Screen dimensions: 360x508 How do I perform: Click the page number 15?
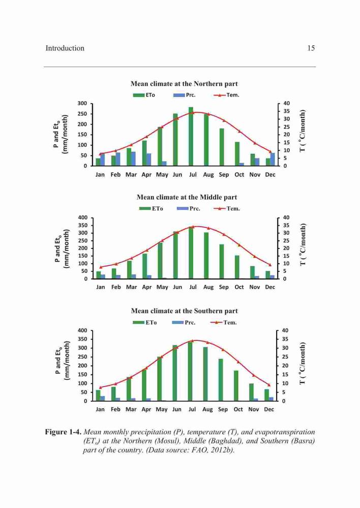311,48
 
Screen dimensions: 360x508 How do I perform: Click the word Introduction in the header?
65,48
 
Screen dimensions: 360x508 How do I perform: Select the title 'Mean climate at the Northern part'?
184,84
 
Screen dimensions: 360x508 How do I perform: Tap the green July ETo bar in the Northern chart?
191,136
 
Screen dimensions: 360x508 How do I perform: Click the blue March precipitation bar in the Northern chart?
133,158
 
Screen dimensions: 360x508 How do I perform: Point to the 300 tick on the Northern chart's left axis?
82,103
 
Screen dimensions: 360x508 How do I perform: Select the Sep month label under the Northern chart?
224,175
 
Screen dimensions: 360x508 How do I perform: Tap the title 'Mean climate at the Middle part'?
187,197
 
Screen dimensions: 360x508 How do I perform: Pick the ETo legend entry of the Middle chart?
151,208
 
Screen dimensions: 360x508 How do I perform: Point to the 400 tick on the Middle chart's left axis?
83,217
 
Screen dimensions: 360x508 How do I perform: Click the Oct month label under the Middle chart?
239,287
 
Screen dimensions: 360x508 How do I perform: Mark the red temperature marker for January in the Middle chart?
101,267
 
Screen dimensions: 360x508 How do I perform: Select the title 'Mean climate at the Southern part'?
184,311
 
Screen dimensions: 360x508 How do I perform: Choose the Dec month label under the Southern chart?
269,409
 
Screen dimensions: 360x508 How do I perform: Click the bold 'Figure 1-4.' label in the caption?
63,432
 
